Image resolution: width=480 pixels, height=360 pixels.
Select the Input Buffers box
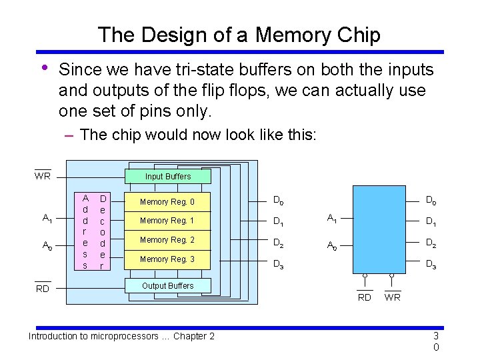pyautogui.click(x=168, y=177)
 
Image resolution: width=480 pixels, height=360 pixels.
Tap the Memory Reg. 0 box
pyautogui.click(x=168, y=201)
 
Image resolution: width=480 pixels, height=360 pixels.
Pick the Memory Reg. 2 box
pyautogui.click(x=168, y=239)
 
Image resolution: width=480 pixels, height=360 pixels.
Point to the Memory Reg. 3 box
pyautogui.click(x=168, y=259)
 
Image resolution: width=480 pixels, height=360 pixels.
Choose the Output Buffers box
pyautogui.click(x=168, y=285)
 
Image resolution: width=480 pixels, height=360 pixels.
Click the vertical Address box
pyautogui.click(x=85, y=231)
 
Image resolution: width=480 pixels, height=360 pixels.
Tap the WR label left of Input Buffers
pyautogui.click(x=43, y=177)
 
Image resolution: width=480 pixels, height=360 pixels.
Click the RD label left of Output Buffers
pyautogui.click(x=43, y=289)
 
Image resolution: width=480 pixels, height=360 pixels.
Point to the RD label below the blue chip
pyautogui.click(x=365, y=297)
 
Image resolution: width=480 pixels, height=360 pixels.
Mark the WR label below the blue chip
pyautogui.click(x=393, y=297)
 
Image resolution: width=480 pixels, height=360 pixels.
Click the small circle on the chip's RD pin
pyautogui.click(x=365, y=275)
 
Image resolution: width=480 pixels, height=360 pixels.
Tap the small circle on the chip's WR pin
pyautogui.click(x=393, y=275)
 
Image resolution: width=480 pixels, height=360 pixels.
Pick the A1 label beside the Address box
pyautogui.click(x=47, y=218)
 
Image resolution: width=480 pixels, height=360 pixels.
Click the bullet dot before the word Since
pyautogui.click(x=43, y=67)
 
